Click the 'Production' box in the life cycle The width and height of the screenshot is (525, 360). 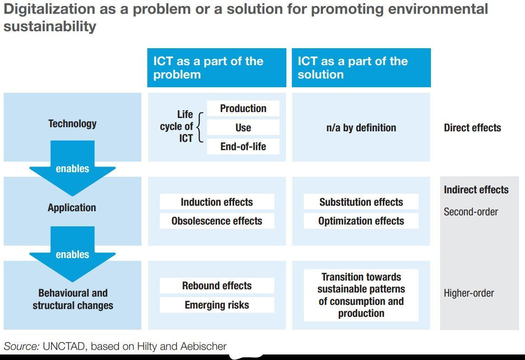tap(243, 108)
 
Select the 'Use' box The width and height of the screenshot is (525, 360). tap(243, 128)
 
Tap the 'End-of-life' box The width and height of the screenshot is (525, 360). tap(243, 146)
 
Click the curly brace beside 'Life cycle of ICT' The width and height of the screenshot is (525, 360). tap(199, 127)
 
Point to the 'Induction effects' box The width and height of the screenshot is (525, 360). tap(217, 202)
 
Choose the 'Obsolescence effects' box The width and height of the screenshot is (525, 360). tap(217, 221)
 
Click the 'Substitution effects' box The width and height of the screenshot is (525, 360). tap(361, 202)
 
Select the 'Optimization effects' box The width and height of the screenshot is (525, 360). tap(361, 221)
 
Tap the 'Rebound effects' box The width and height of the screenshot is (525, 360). tap(217, 286)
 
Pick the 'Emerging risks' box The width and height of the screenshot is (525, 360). tap(217, 305)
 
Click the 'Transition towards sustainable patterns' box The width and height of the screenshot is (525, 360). tap(361, 295)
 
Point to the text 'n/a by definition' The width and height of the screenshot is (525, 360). tap(361, 128)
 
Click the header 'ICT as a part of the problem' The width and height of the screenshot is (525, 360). tap(217, 68)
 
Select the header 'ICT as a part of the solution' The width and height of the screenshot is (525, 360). tap(361, 68)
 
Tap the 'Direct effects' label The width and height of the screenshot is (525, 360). tap(472, 128)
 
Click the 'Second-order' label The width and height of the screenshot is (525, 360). tap(470, 212)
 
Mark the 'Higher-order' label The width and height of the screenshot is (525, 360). tap(469, 293)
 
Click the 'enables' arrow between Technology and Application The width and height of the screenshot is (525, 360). tap(73, 169)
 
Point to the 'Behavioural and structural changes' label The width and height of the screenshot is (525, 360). tap(73, 299)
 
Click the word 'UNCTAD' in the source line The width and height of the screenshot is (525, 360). tap(65, 346)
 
